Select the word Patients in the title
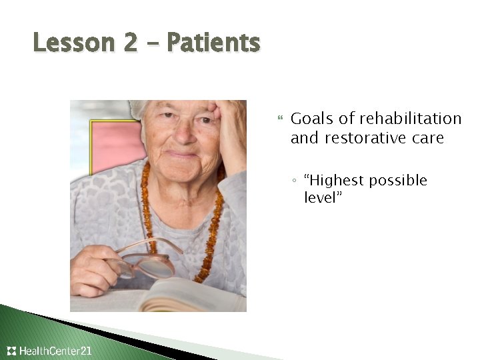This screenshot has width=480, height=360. pos(213,43)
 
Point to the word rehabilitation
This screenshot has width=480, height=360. pos(410,119)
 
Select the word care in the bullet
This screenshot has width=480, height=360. pos(427,138)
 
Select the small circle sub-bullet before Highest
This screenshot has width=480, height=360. pos(295,181)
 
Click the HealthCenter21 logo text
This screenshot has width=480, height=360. pos(56,351)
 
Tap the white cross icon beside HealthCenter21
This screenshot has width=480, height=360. pos(11,351)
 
